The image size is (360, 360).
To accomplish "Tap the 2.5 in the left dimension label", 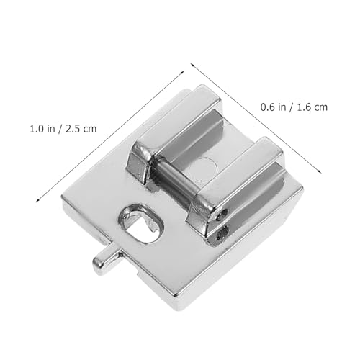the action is pos(72,129).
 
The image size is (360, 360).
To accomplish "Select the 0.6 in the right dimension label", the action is pos(268,107).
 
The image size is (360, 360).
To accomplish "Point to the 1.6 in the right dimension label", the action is pos(304,107).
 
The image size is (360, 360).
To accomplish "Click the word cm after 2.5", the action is pos(90,130).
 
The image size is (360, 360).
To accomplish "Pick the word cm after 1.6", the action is pos(320,107).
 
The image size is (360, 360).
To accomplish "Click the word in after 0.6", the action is pos(282,107).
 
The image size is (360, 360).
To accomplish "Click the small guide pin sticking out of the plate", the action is pos(106,261).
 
